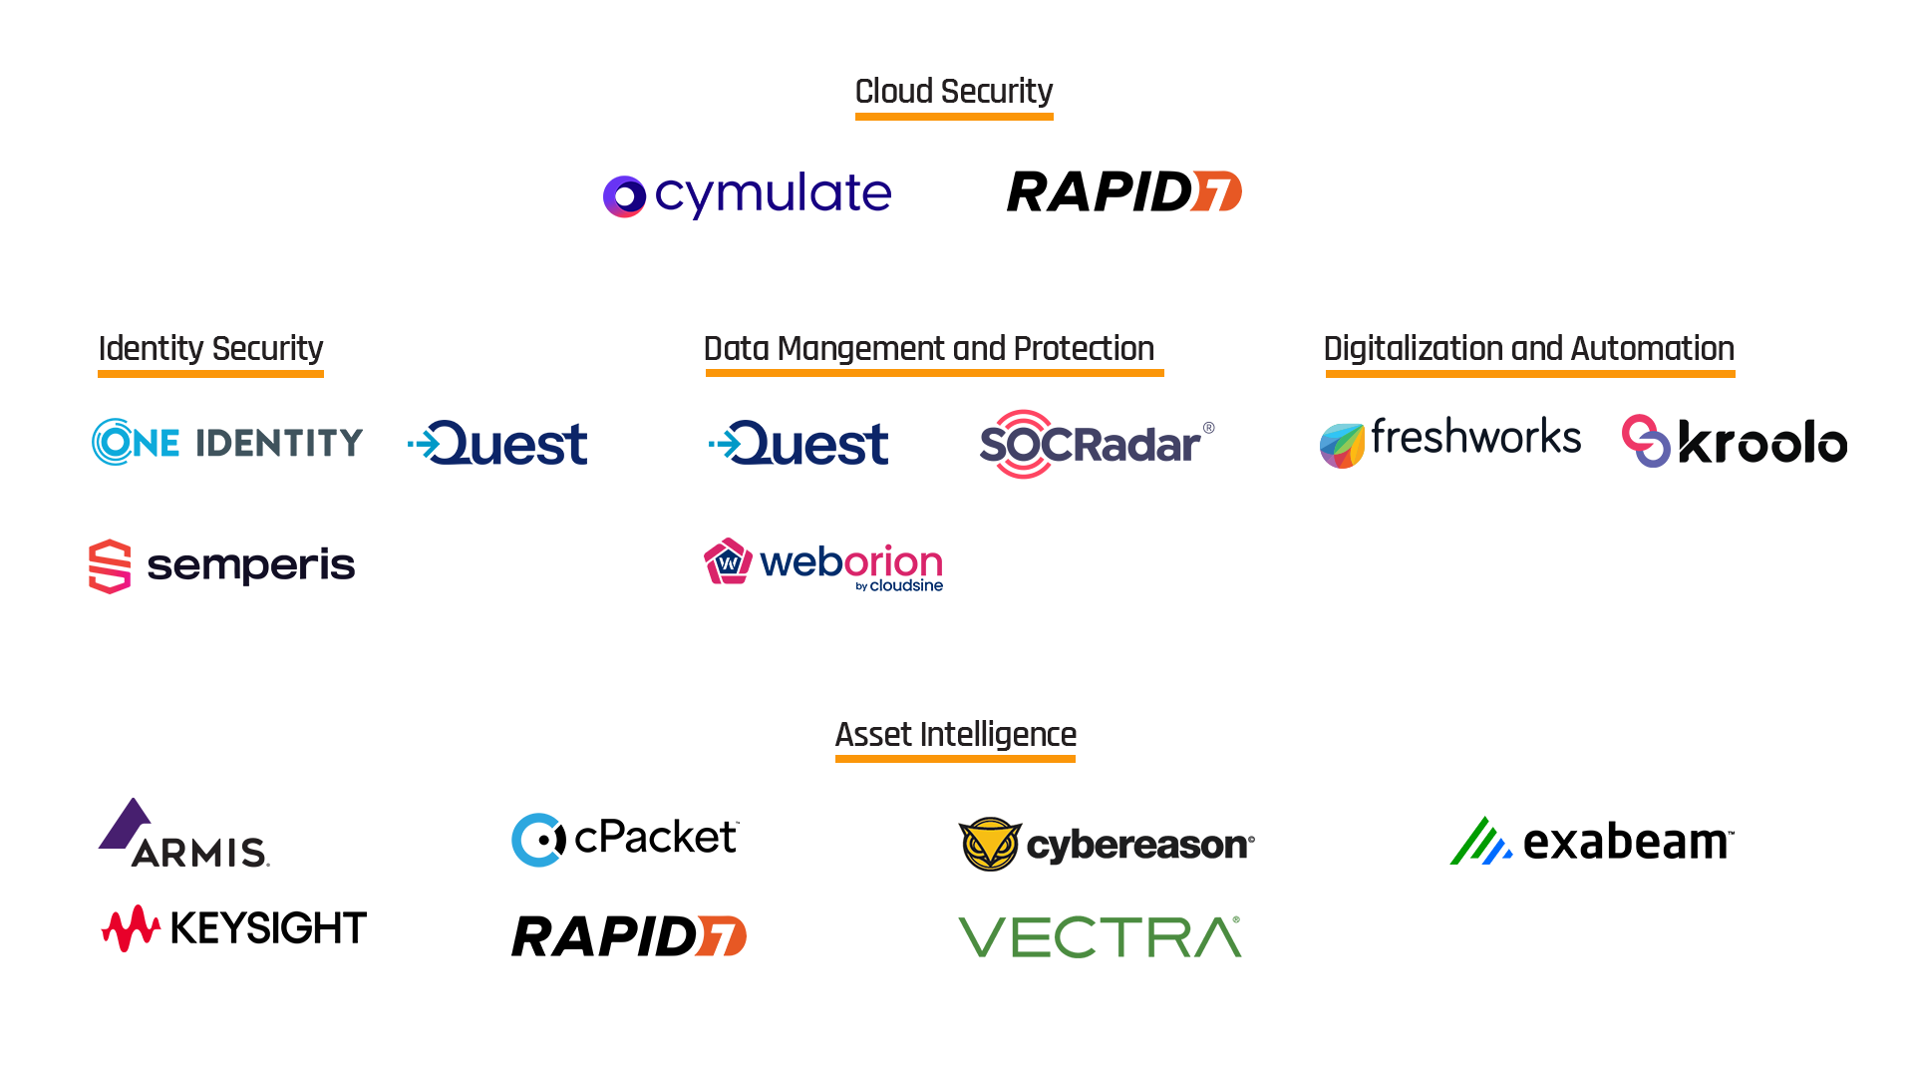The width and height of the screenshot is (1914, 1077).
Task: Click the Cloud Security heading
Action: coord(954,92)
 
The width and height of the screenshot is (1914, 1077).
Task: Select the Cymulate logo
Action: coord(748,194)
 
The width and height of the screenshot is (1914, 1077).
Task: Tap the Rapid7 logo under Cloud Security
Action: coord(1123,191)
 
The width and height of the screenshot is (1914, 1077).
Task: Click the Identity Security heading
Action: coord(210,349)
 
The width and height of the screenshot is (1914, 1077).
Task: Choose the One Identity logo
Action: coord(227,442)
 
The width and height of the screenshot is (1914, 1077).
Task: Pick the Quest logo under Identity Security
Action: coord(498,444)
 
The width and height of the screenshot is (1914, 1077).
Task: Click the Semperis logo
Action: coord(221,565)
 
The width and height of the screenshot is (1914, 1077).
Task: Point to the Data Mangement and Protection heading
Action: coord(929,349)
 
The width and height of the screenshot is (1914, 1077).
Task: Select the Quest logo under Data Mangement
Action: coord(798,444)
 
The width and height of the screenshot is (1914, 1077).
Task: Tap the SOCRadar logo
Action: coord(1097,444)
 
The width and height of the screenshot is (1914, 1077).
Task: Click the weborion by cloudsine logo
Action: coord(823,564)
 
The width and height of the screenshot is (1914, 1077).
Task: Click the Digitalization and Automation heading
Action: coord(1529,349)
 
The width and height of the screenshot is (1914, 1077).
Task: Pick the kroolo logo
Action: coord(1735,442)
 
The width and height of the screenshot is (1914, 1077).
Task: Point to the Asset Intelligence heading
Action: coord(955,735)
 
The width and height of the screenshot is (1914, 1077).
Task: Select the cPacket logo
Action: coord(625,839)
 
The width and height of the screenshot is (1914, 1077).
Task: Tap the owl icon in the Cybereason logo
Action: coord(990,845)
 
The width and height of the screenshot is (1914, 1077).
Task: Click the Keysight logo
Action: coord(234,928)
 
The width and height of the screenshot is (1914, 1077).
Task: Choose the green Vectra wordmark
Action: coord(1100,937)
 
